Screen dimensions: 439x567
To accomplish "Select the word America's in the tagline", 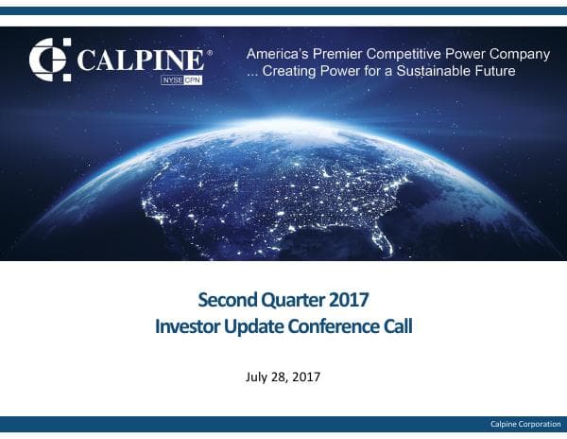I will [x=280, y=54].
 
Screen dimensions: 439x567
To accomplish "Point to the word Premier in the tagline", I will [x=347, y=54].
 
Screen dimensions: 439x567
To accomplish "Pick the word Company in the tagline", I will [x=519, y=54].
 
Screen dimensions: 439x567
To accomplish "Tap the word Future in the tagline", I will [x=492, y=71].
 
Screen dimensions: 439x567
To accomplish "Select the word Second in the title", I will [x=225, y=302].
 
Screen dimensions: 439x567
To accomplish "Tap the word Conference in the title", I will [x=334, y=327].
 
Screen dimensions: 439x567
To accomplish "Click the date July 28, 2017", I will [x=283, y=378].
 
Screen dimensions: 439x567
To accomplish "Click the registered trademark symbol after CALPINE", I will [x=209, y=52].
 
